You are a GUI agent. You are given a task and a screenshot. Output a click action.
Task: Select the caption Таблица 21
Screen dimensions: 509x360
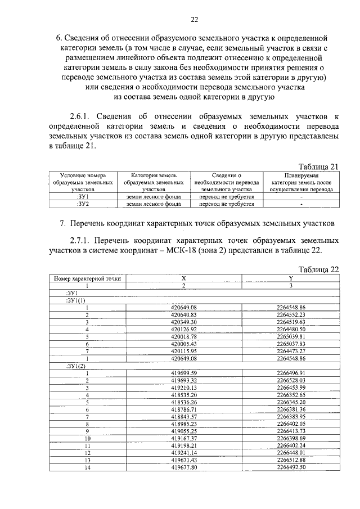click(319, 166)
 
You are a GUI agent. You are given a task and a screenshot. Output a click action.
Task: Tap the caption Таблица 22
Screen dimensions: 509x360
click(319, 269)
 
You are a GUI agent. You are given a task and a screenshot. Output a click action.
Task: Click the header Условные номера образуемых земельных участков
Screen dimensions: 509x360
click(83, 183)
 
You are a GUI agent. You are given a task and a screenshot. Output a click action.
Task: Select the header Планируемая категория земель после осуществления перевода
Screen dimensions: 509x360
click(301, 183)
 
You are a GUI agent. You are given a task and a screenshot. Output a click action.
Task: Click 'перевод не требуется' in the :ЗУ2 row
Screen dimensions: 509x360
click(227, 204)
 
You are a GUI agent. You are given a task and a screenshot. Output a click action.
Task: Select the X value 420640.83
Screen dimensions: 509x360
click(184, 314)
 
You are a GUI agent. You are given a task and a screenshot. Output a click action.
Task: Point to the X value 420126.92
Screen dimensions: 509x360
click(184, 329)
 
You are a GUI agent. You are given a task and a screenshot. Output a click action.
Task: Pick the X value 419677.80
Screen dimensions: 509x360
click(184, 467)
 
